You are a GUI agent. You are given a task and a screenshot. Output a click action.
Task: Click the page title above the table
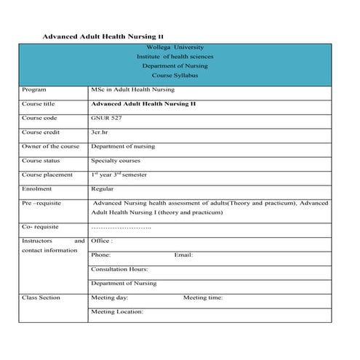pyautogui.click(x=103, y=36)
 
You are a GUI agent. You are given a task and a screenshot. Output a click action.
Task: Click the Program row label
pyautogui.click(x=34, y=90)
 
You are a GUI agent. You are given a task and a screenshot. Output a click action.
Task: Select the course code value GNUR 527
pyautogui.click(x=106, y=118)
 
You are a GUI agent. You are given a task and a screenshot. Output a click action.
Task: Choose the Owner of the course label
pyautogui.click(x=50, y=146)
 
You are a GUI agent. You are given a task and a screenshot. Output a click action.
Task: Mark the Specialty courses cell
pyautogui.click(x=116, y=161)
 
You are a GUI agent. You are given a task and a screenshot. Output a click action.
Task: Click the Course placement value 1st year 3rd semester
pyautogui.click(x=119, y=175)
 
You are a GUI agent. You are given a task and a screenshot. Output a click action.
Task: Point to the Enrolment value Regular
pyautogui.click(x=103, y=189)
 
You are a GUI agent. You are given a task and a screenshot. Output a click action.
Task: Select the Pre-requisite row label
pyautogui.click(x=43, y=203)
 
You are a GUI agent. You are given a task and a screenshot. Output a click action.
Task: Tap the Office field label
pyautogui.click(x=101, y=241)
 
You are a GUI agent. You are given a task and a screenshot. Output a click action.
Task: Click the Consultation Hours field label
pyautogui.click(x=119, y=269)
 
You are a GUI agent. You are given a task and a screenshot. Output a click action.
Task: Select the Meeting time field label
pyautogui.click(x=203, y=297)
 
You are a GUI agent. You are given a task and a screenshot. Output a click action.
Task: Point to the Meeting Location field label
pyautogui.click(x=117, y=311)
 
